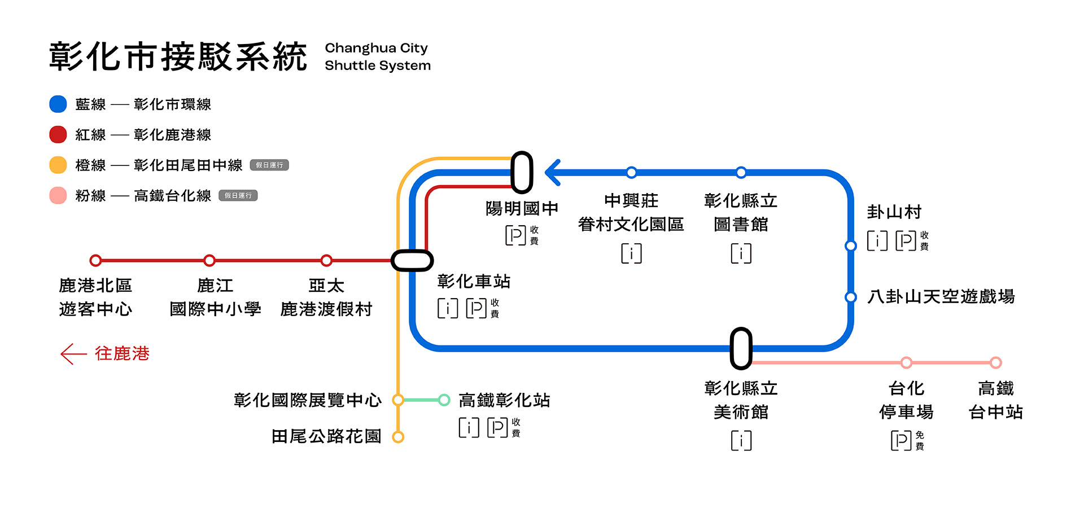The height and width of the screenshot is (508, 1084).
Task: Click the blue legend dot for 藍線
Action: click(58, 104)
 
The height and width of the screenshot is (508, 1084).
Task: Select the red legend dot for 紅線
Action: click(58, 135)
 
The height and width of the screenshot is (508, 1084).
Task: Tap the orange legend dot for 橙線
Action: click(58, 165)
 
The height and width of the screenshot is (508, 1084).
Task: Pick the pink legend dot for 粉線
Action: click(58, 195)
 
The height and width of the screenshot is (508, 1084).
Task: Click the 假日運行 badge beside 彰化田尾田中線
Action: click(269, 165)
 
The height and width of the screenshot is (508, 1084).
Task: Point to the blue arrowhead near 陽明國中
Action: click(553, 172)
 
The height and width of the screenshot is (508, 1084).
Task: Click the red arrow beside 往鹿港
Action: click(73, 354)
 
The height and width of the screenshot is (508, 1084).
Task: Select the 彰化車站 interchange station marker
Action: click(412, 260)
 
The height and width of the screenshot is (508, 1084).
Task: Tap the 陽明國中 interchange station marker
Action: click(522, 172)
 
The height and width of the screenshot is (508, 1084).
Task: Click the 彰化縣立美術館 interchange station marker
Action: click(741, 348)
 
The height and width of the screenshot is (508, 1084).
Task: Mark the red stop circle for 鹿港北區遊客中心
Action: click(96, 260)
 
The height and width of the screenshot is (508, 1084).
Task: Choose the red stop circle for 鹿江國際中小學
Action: click(209, 260)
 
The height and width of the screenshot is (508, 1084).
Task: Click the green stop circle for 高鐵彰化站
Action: click(444, 400)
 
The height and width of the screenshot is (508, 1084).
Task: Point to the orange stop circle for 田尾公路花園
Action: click(398, 437)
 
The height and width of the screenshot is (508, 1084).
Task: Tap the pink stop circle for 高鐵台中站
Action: click(996, 362)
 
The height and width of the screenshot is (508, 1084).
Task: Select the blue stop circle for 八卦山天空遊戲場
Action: click(850, 297)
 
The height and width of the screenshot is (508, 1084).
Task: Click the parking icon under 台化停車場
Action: click(901, 440)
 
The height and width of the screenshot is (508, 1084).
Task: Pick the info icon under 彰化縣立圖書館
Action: click(741, 253)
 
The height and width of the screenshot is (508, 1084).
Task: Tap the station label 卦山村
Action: click(894, 212)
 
